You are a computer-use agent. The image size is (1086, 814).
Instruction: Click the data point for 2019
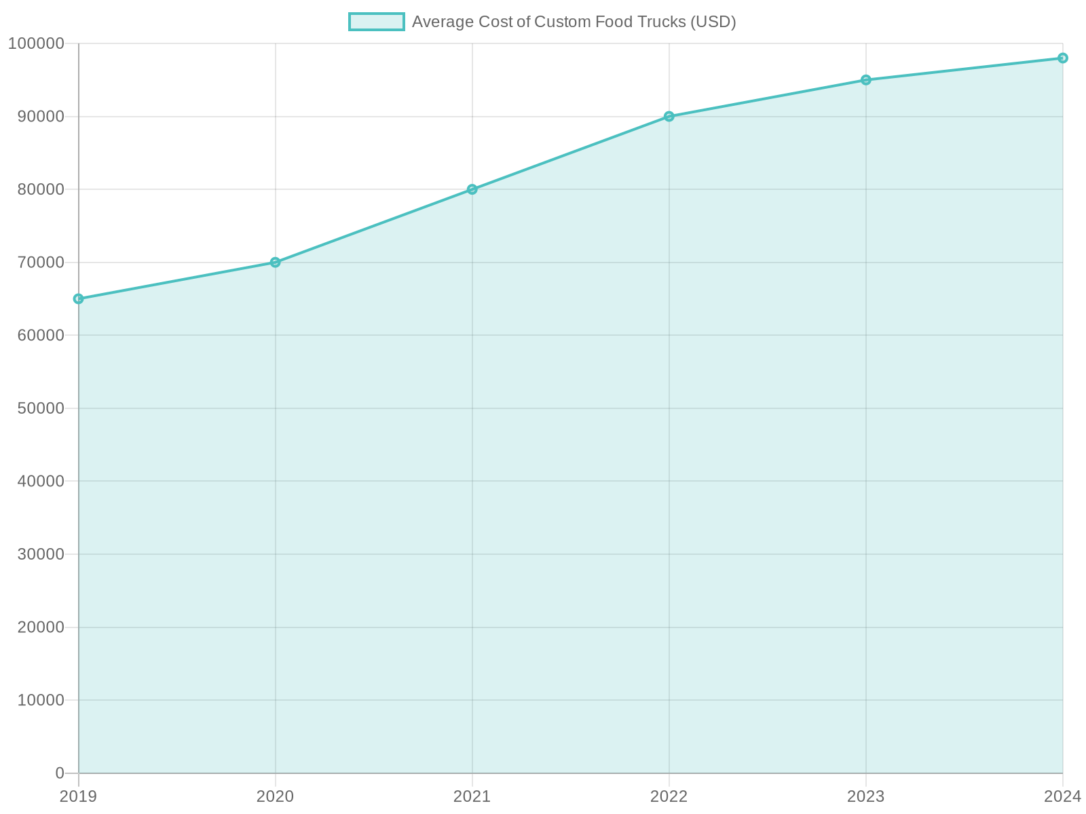coord(79,298)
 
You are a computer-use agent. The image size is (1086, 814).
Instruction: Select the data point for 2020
coord(276,263)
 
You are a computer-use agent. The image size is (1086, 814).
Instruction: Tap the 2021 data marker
coord(472,189)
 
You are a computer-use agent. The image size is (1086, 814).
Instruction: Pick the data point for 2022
coord(669,117)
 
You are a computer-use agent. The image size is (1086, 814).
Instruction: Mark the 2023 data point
coord(866,80)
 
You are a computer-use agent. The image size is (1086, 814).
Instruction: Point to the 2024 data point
coord(1063,58)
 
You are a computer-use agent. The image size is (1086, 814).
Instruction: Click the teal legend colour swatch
coord(376,22)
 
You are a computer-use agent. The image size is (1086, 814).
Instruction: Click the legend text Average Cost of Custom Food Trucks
coord(574,22)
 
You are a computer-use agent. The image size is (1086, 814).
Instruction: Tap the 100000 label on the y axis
coord(36,43)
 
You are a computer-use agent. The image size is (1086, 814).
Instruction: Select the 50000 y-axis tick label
coord(40,408)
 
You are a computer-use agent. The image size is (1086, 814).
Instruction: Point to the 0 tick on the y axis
coord(60,773)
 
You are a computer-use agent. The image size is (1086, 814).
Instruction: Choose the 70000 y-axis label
coord(40,263)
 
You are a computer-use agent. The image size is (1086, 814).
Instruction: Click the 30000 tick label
coord(40,554)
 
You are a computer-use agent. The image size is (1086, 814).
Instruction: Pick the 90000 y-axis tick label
coord(40,117)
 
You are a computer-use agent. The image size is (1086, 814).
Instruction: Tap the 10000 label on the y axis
coord(40,700)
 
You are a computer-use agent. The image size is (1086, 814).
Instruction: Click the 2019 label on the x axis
coord(78,796)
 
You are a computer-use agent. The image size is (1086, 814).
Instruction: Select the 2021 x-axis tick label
coord(472,796)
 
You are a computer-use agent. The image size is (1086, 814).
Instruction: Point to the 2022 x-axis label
coord(669,796)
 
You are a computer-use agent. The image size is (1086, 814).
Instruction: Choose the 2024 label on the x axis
coord(1062,796)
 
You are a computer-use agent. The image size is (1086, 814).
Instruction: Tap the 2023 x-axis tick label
coord(866,796)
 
